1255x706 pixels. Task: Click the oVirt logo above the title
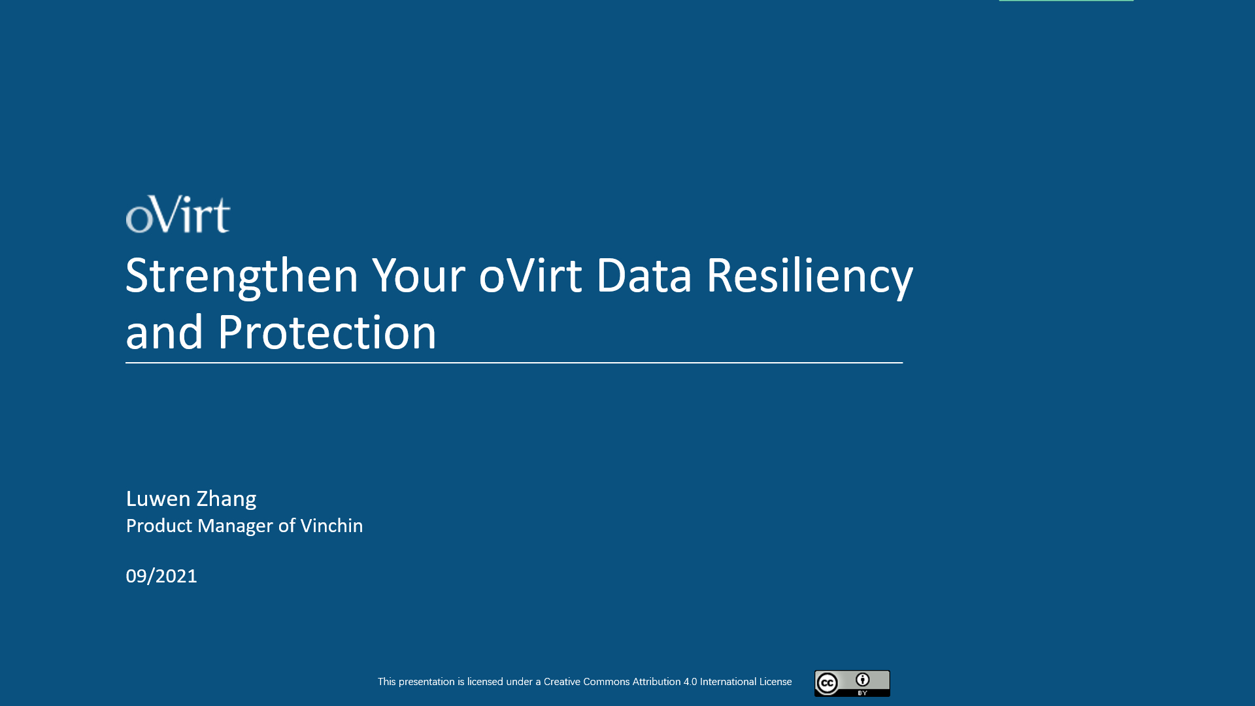[x=178, y=214]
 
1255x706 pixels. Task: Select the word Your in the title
[x=419, y=276]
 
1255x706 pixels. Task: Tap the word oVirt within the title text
[x=530, y=276]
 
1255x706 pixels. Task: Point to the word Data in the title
[x=644, y=276]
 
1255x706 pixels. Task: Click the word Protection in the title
[x=327, y=333]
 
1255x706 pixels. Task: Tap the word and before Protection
[x=164, y=333]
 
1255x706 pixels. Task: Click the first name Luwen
[x=158, y=499]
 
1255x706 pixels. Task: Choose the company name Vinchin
[x=331, y=526]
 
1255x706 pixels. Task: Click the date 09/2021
[x=161, y=576]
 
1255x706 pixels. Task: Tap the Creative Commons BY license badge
[x=852, y=683]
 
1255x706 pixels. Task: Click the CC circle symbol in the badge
[x=827, y=684]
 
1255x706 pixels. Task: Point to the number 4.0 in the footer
[x=690, y=682]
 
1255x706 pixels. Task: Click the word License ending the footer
[x=775, y=682]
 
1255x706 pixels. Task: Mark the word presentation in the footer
[x=427, y=682]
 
